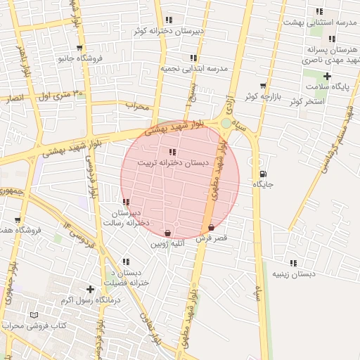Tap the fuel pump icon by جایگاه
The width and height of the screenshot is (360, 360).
tap(262, 174)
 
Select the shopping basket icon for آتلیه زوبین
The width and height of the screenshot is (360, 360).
tap(167, 233)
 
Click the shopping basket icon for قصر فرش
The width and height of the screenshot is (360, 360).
tap(212, 228)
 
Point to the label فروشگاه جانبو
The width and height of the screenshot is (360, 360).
tap(80, 57)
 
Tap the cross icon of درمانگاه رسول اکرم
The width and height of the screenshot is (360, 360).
tap(89, 289)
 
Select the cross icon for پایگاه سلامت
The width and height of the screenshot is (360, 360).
tap(327, 76)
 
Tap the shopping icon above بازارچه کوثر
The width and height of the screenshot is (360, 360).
tap(263, 85)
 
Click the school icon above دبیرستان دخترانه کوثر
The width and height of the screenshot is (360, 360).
tap(168, 20)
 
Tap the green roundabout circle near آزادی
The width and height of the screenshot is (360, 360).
tap(225, 124)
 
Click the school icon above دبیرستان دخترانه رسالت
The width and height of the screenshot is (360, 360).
tap(126, 202)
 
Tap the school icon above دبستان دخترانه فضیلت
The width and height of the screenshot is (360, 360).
tap(125, 262)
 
